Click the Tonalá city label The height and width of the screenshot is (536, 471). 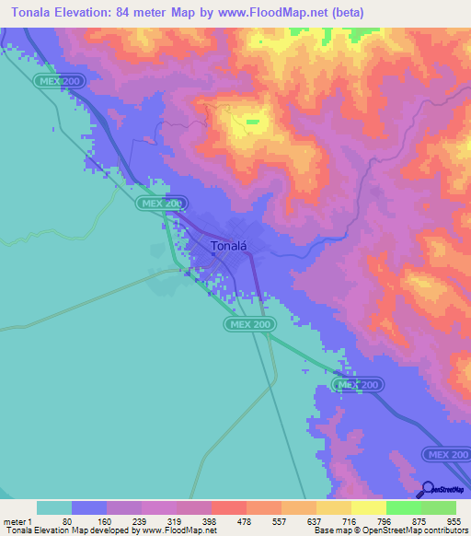point(227,246)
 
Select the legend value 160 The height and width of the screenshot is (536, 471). point(107,521)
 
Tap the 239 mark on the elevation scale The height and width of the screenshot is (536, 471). point(142,521)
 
